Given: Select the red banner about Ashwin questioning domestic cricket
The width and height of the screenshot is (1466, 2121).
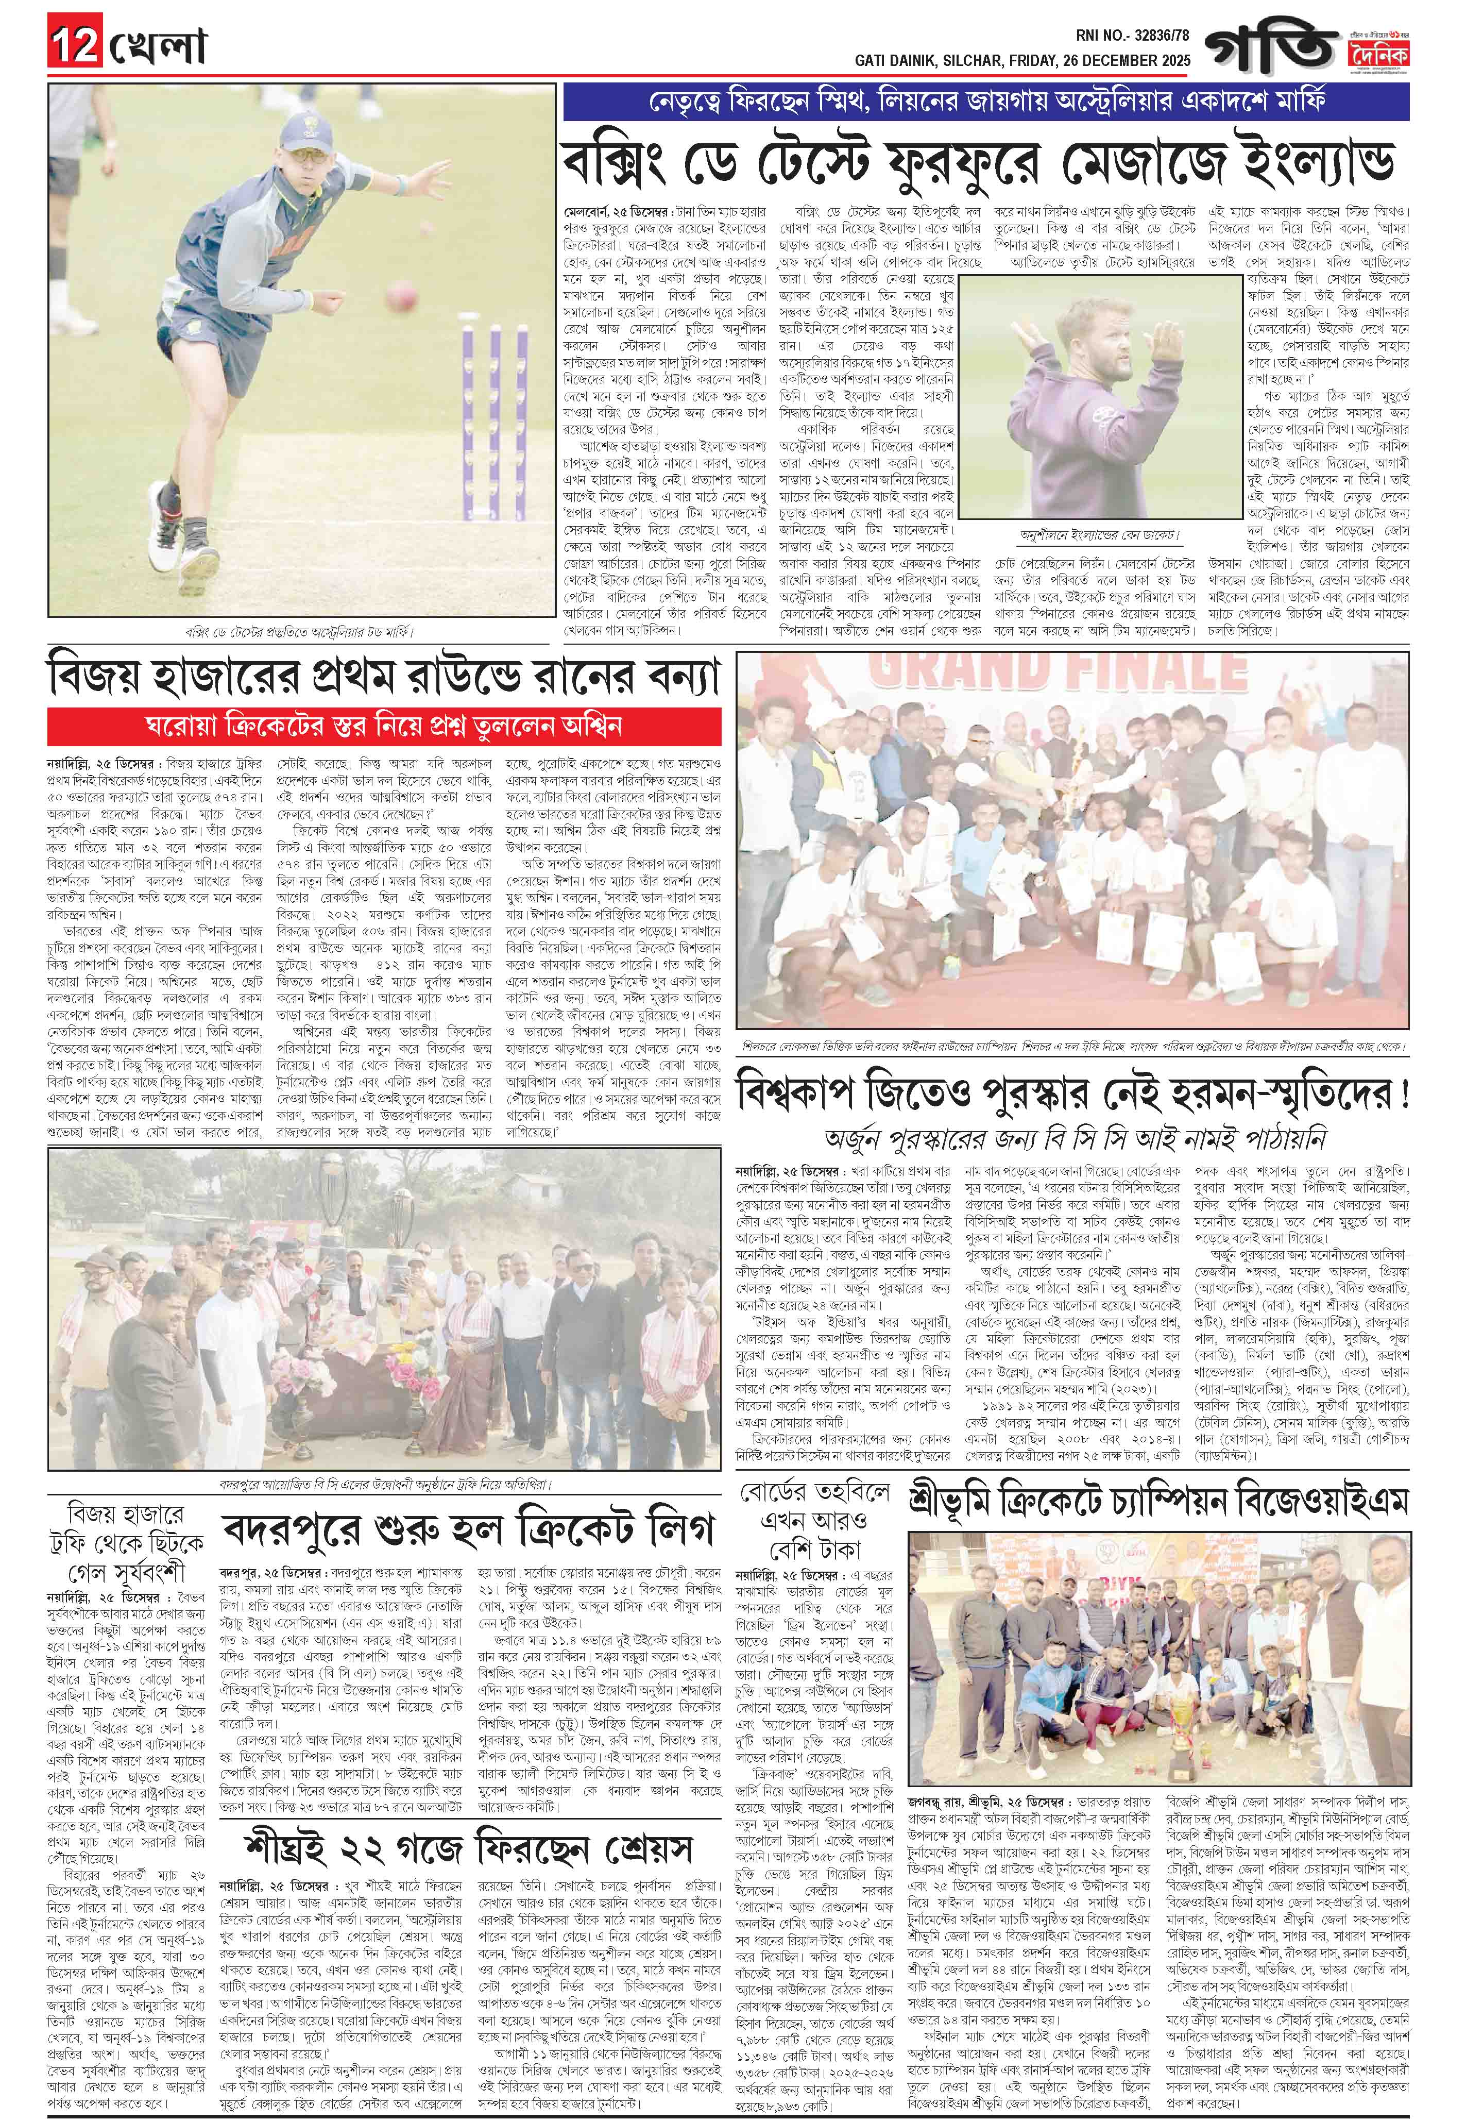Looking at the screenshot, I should pos(385,727).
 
